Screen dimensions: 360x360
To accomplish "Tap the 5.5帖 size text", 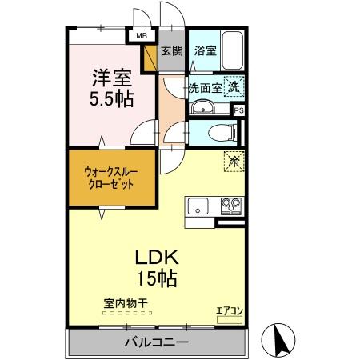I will pyautogui.click(x=111, y=100).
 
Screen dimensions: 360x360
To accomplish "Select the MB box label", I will pyautogui.click(x=141, y=36).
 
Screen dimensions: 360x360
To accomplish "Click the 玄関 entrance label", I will pyautogui.click(x=171, y=50).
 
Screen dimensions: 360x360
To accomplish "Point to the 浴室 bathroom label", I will pyautogui.click(x=205, y=50).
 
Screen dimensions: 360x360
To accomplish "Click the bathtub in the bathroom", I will pyautogui.click(x=234, y=51).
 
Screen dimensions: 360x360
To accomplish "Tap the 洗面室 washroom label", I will pyautogui.click(x=205, y=88).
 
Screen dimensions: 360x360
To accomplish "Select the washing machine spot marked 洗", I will pyautogui.click(x=234, y=86).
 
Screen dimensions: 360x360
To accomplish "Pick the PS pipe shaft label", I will pyautogui.click(x=238, y=110).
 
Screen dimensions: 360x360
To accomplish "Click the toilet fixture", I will pyautogui.click(x=218, y=132).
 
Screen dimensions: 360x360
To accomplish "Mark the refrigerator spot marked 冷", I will pyautogui.click(x=233, y=160).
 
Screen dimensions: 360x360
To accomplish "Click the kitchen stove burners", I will pyautogui.click(x=231, y=206).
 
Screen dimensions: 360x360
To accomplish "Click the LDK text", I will pyautogui.click(x=154, y=258).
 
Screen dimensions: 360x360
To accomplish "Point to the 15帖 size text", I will pyautogui.click(x=154, y=279).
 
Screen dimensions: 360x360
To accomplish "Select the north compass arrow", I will pyautogui.click(x=280, y=341).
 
